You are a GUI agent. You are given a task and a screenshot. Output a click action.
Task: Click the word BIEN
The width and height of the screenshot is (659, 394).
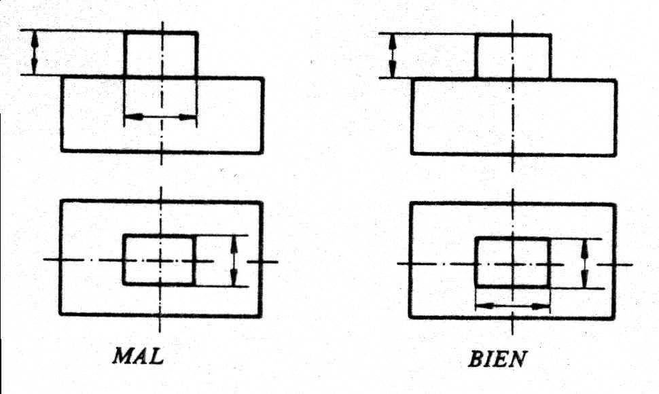(498, 357)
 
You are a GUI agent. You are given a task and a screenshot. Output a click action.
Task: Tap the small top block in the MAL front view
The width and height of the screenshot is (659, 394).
(161, 54)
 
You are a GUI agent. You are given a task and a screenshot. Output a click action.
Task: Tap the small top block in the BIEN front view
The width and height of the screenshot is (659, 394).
(513, 56)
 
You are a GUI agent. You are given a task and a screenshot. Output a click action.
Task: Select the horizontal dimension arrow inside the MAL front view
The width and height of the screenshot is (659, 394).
(160, 118)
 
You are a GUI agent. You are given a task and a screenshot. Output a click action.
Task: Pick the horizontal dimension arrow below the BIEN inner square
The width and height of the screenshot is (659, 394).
(512, 306)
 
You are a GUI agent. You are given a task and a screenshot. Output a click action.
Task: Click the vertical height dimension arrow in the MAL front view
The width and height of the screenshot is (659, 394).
(35, 52)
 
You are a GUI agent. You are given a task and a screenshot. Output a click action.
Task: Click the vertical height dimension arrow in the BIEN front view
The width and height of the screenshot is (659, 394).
(392, 56)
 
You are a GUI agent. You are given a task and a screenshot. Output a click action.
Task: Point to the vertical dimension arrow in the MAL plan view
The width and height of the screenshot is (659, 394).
(234, 259)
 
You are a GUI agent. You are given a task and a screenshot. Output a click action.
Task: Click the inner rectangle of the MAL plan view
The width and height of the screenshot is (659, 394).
(159, 259)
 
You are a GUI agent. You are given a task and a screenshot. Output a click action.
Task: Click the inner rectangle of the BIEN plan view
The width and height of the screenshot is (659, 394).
(512, 262)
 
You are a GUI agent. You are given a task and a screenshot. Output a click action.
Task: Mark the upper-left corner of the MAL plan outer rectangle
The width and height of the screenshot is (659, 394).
(61, 201)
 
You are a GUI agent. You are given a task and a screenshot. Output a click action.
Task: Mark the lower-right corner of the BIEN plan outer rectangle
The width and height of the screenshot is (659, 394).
(616, 317)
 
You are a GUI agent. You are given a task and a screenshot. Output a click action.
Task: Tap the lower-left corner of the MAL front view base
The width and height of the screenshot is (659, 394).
(62, 150)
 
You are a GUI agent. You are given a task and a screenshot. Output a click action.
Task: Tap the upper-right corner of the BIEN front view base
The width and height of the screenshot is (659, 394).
(616, 80)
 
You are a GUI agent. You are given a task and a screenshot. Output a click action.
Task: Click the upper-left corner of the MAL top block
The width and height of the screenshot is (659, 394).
(124, 32)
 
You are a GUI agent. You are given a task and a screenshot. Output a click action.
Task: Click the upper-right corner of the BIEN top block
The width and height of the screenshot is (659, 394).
(550, 35)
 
